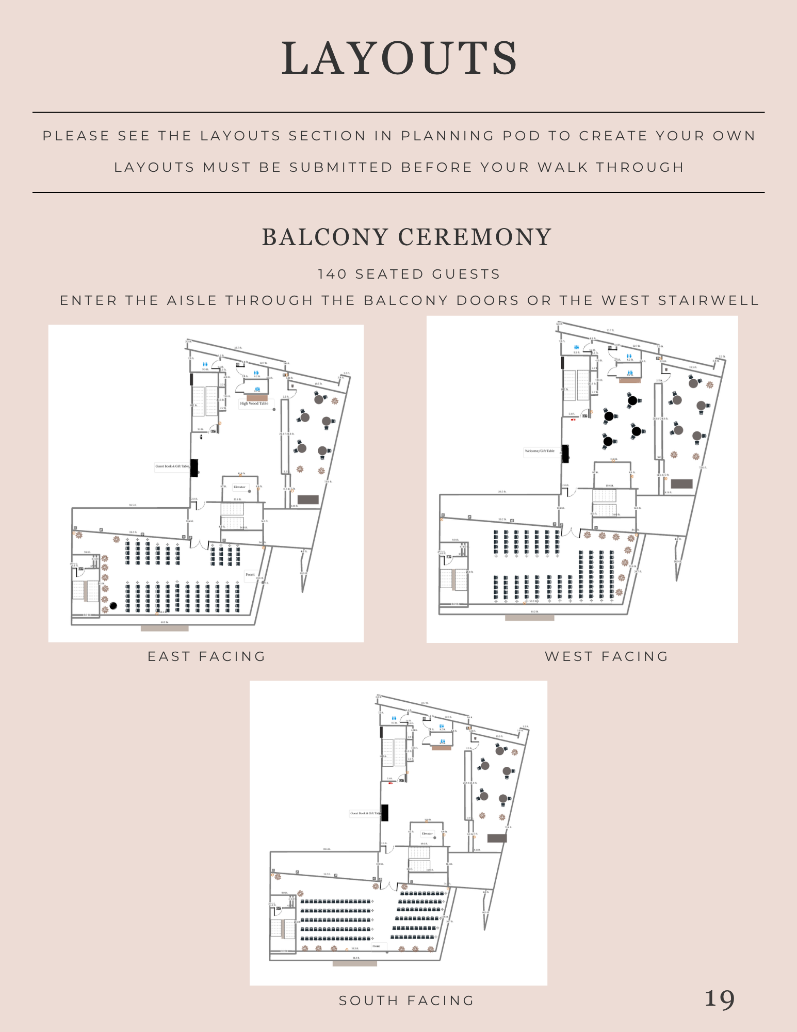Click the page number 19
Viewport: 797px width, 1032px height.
[x=719, y=999]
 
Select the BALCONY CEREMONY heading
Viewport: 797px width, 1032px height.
[x=407, y=237]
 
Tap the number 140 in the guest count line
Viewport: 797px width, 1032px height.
[x=332, y=274]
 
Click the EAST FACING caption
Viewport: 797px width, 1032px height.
[x=206, y=656]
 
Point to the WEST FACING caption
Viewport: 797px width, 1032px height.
[x=607, y=656]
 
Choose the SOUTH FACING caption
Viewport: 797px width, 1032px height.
[x=406, y=1001]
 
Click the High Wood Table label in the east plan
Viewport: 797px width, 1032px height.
[x=254, y=404]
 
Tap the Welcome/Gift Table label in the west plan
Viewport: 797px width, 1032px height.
[x=539, y=451]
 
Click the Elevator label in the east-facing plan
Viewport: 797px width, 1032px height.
[x=240, y=487]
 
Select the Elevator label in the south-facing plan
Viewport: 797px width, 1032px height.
[x=427, y=833]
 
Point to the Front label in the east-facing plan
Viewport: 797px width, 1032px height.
[x=250, y=574]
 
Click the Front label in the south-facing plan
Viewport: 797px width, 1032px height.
[x=376, y=946]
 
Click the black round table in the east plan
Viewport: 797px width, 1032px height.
[x=113, y=606]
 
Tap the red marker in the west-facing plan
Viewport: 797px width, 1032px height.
[x=573, y=420]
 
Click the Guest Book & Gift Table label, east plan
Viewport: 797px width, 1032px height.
[x=172, y=466]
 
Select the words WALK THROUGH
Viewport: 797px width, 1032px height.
[x=611, y=167]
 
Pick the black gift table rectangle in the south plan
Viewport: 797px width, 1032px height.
[x=384, y=813]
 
